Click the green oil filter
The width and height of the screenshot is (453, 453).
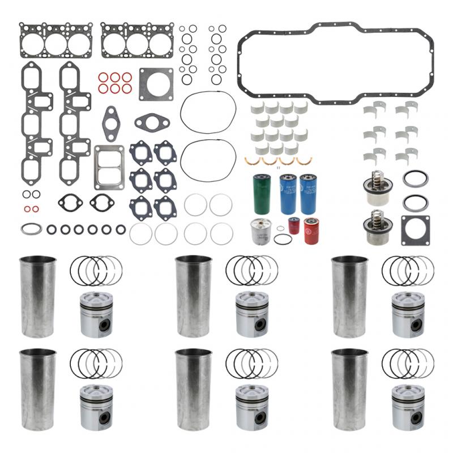262,194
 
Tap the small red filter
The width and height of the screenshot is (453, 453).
294,225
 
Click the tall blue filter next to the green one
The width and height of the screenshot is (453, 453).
288,194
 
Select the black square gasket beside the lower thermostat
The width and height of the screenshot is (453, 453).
415,230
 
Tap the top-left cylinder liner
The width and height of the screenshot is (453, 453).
38,297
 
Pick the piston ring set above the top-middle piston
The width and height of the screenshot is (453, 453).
251,271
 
